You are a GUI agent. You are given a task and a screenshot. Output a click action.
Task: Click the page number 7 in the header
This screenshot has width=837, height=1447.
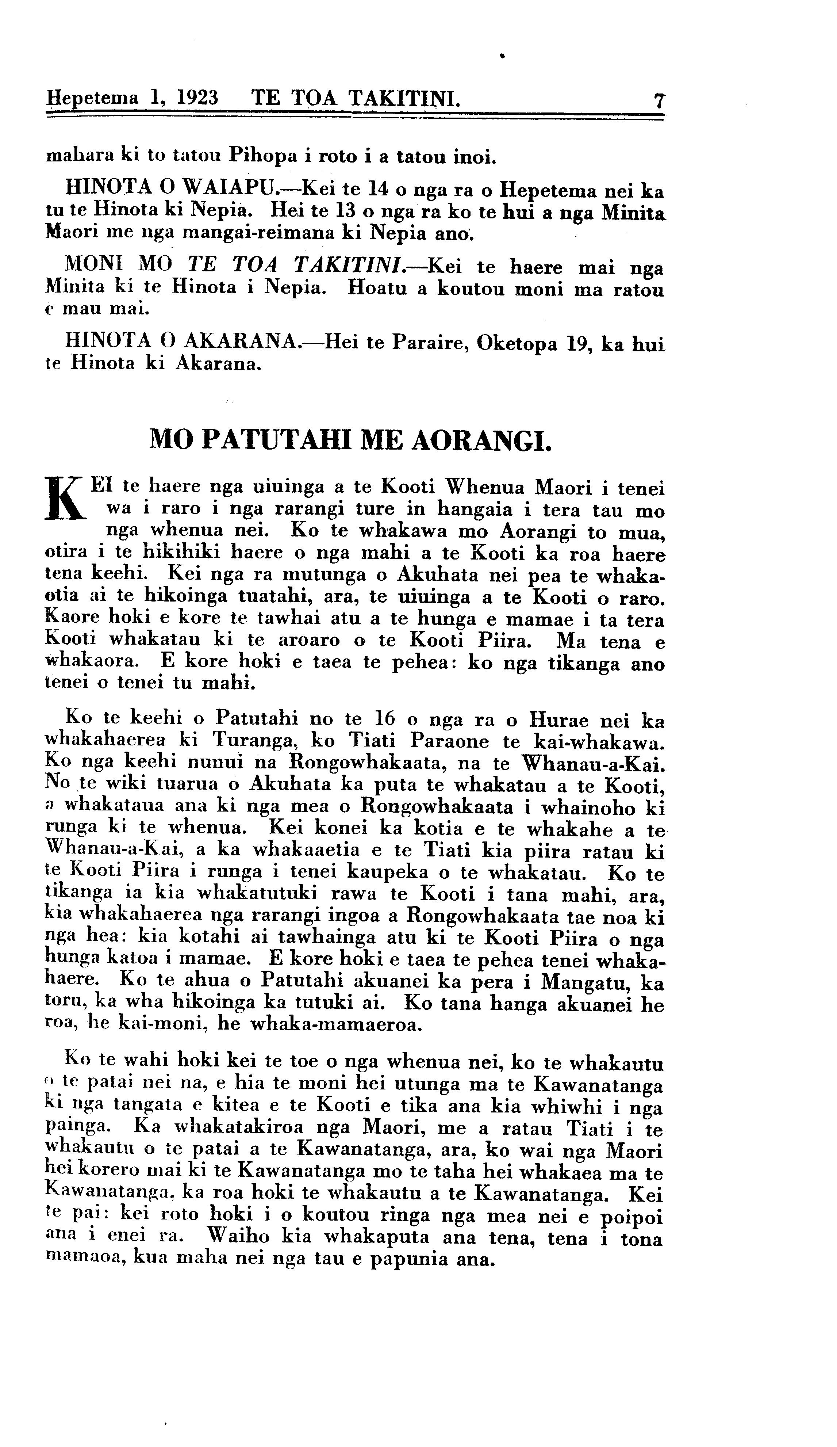[659, 101]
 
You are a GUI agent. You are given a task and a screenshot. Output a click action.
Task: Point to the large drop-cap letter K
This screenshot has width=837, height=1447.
[65, 499]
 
